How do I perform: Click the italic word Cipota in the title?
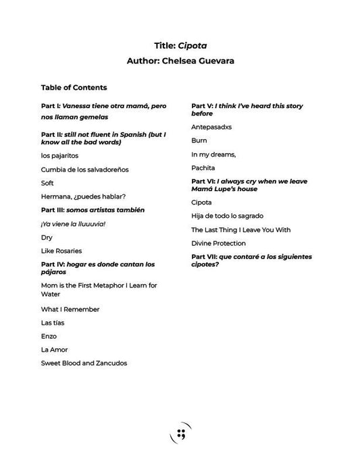click(192, 46)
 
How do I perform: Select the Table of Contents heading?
click(74, 87)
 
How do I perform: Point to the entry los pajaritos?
click(59, 156)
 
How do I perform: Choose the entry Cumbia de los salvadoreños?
click(84, 169)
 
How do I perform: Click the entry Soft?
click(47, 183)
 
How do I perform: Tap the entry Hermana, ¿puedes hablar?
click(83, 196)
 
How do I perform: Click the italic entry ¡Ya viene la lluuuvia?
click(73, 223)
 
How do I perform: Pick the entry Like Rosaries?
click(61, 251)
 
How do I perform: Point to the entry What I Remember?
click(70, 309)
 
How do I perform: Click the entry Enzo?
click(49, 336)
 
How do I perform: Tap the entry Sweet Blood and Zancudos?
click(84, 363)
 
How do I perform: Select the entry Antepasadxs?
click(213, 127)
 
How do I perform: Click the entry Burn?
click(199, 140)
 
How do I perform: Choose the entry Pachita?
click(203, 167)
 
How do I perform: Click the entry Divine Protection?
click(218, 243)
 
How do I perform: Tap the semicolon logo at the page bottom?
click(180, 433)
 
